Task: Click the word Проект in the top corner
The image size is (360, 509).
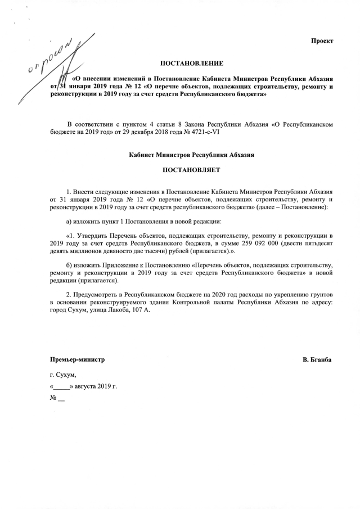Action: [323, 41]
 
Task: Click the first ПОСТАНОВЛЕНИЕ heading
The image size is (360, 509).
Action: [192, 62]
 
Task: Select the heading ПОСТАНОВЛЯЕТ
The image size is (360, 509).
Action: [192, 169]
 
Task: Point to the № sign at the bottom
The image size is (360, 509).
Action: [54, 400]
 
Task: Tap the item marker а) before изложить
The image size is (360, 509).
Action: [69, 221]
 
